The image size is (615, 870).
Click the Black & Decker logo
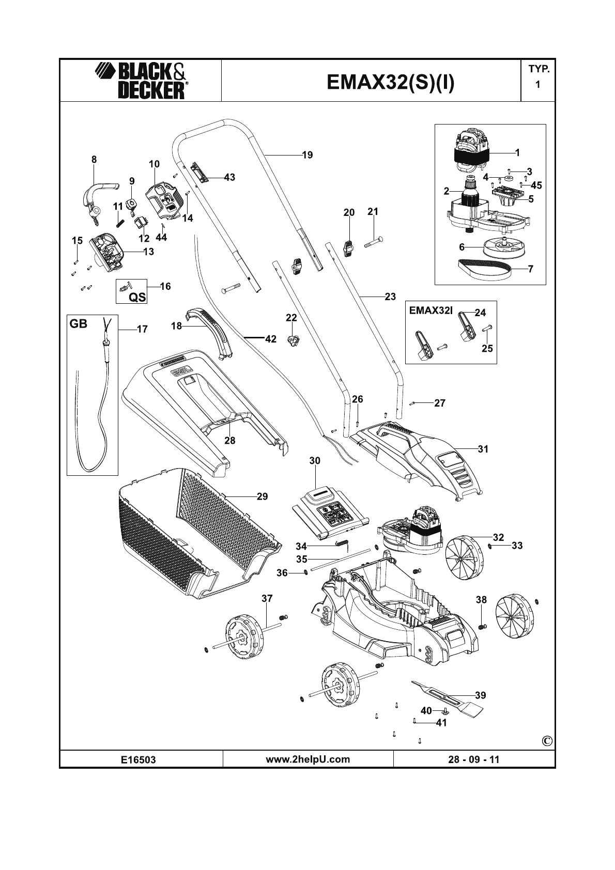tap(141, 81)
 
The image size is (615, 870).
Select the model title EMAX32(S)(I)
tap(391, 82)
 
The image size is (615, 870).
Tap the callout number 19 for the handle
tap(308, 155)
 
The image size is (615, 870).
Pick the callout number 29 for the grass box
tap(263, 496)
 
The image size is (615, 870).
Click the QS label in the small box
tap(137, 297)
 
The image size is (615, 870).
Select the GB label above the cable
tap(79, 324)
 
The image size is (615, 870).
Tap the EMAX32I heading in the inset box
tap(431, 310)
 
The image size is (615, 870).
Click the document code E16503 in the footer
tap(139, 760)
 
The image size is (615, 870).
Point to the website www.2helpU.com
tap(308, 759)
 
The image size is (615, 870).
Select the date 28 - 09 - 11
tap(474, 759)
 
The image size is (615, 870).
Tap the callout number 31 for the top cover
tap(483, 449)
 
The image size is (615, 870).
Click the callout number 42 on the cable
tap(271, 339)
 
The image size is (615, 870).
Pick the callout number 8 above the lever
tap(94, 160)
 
